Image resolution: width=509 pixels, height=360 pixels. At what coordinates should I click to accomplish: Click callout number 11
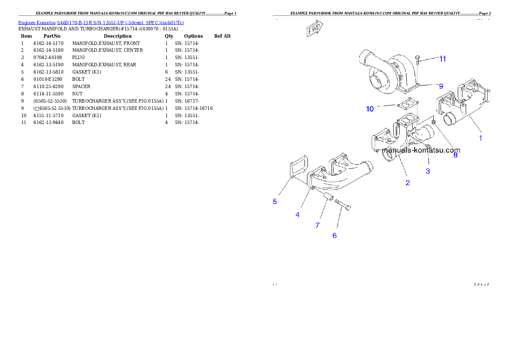[x=442, y=59]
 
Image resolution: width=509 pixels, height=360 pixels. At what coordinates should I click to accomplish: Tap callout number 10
[x=370, y=109]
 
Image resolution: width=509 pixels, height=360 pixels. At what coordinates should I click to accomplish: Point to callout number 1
[x=480, y=138]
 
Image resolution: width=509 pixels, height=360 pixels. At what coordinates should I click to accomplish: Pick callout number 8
[x=455, y=156]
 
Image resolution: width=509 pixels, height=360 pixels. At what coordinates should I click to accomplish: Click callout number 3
[x=428, y=171]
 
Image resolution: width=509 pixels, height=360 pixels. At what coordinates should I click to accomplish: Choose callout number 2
[x=408, y=183]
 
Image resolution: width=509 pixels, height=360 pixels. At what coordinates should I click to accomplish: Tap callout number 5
[x=275, y=201]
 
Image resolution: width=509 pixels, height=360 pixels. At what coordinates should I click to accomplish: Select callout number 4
[x=297, y=215]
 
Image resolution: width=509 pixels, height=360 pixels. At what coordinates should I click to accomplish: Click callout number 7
[x=317, y=225]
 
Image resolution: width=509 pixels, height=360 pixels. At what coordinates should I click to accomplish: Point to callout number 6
[x=334, y=235]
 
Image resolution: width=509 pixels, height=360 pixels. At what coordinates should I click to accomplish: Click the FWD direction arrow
[x=314, y=30]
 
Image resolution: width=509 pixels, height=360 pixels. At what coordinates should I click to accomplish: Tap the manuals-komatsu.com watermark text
[x=421, y=150]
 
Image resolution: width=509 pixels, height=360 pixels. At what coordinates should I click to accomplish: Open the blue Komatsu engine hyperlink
[x=101, y=23]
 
